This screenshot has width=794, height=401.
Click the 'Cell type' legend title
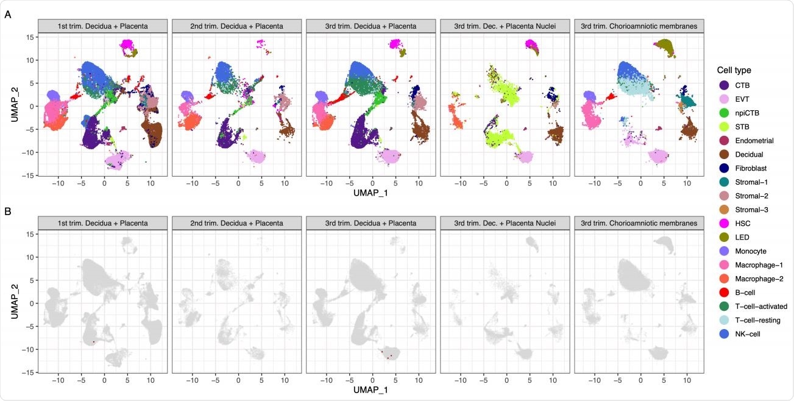[736, 87]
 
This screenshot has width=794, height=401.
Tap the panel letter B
[7, 212]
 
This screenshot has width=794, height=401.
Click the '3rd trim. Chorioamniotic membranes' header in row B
[639, 224]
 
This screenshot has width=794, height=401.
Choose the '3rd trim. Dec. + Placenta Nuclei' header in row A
[505, 26]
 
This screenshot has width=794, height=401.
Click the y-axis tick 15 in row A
[28, 37]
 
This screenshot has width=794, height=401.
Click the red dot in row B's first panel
[94, 342]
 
